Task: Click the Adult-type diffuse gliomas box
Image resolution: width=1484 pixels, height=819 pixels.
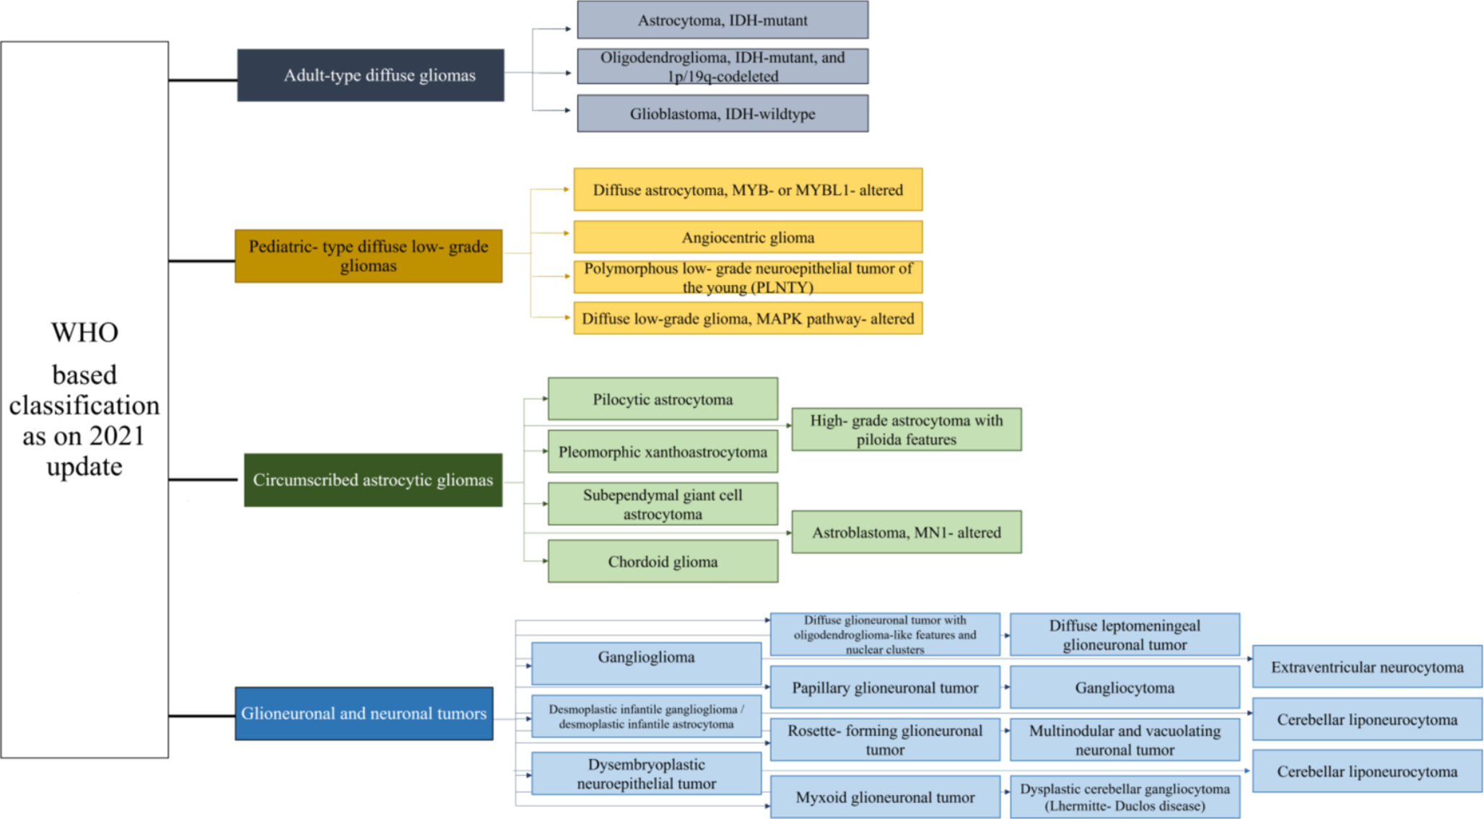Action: tap(370, 75)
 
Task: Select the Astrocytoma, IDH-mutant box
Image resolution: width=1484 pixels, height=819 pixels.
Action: tap(723, 20)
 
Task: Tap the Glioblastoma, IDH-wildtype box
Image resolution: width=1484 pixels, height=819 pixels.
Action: tap(723, 114)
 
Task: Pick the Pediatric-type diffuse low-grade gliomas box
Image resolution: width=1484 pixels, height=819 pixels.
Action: tap(368, 256)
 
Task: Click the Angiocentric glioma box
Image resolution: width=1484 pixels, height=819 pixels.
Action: tap(748, 237)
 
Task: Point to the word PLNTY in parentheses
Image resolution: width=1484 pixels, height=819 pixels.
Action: tap(782, 287)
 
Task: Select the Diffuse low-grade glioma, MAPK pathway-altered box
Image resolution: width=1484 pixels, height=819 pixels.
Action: tap(748, 319)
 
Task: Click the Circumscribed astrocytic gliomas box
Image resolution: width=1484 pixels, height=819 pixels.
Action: tap(372, 480)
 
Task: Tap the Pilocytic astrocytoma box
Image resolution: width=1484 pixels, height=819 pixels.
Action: tap(663, 399)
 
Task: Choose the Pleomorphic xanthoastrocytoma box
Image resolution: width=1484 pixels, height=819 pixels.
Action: tap(663, 452)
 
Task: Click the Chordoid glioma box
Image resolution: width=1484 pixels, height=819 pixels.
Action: tap(663, 561)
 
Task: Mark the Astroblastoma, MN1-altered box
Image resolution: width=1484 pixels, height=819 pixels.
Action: tap(907, 533)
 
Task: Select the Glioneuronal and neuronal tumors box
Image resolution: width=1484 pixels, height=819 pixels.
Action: tap(364, 714)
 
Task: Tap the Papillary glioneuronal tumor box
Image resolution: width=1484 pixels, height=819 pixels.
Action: tap(885, 688)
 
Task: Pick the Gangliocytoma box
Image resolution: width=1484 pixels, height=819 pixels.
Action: tap(1125, 688)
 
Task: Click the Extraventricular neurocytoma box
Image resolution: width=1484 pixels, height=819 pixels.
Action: tap(1367, 667)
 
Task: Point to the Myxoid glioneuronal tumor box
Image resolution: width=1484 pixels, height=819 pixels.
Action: tap(885, 797)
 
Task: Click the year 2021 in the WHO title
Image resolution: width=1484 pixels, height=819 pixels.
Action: tap(116, 436)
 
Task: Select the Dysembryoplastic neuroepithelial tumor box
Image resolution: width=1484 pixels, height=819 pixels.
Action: tap(646, 774)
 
